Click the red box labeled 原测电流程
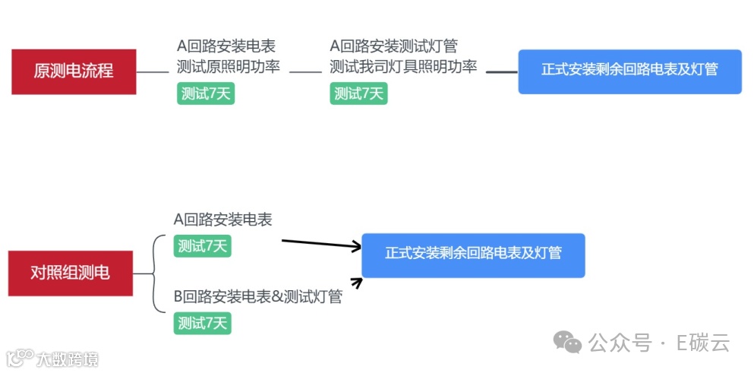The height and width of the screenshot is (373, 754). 74,71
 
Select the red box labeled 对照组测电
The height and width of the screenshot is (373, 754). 70,273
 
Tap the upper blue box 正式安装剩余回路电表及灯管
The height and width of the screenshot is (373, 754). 629,71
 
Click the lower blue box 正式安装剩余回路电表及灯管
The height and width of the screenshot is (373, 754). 473,254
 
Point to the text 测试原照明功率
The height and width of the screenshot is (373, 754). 229,67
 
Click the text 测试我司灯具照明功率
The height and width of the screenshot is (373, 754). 403,67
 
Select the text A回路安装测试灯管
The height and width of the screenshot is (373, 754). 394,47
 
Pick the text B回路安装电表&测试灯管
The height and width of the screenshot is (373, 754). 258,296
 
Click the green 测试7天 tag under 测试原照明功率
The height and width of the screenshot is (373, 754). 206,93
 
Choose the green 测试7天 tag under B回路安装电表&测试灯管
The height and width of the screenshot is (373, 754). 202,323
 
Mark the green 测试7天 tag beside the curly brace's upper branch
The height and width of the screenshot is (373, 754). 202,245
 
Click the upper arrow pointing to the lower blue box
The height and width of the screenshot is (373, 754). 320,244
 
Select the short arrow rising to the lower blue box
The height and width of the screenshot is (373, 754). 355,283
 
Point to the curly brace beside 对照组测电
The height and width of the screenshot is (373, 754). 154,273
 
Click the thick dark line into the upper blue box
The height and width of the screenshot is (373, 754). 501,72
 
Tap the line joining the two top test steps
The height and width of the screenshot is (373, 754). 306,72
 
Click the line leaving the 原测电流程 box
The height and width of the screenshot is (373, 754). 152,72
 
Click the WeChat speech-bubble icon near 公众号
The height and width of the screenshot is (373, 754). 567,343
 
